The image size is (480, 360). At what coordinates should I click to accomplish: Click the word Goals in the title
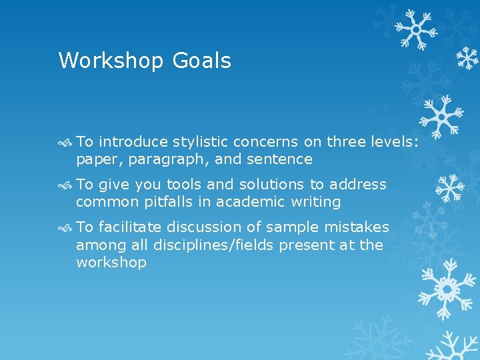(x=202, y=61)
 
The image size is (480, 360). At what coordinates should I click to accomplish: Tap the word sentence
(x=280, y=159)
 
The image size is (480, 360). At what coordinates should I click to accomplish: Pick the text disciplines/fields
(x=214, y=245)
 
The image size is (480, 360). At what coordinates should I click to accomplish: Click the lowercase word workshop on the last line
(x=111, y=263)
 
